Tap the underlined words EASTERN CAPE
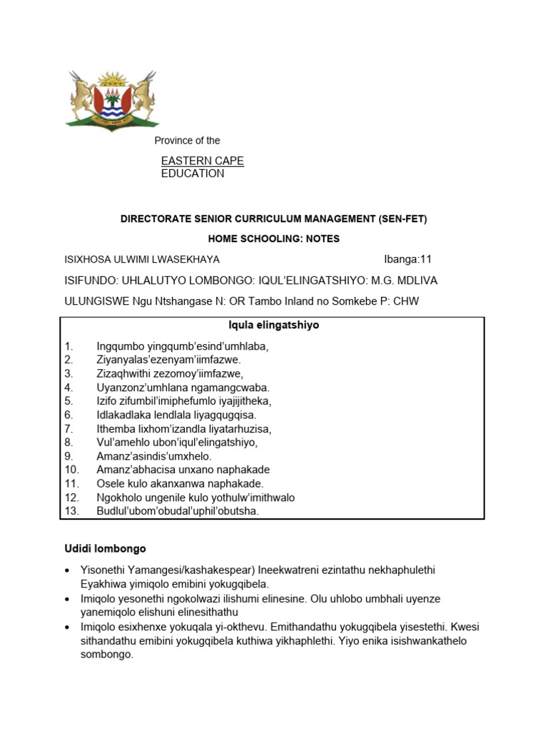202,161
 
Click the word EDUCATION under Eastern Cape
192,173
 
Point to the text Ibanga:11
408,260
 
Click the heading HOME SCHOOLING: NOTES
273,239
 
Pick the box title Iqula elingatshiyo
273,326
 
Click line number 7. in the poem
69,429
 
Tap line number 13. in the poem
72,511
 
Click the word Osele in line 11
110,484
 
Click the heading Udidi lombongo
105,549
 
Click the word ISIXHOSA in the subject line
88,260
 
